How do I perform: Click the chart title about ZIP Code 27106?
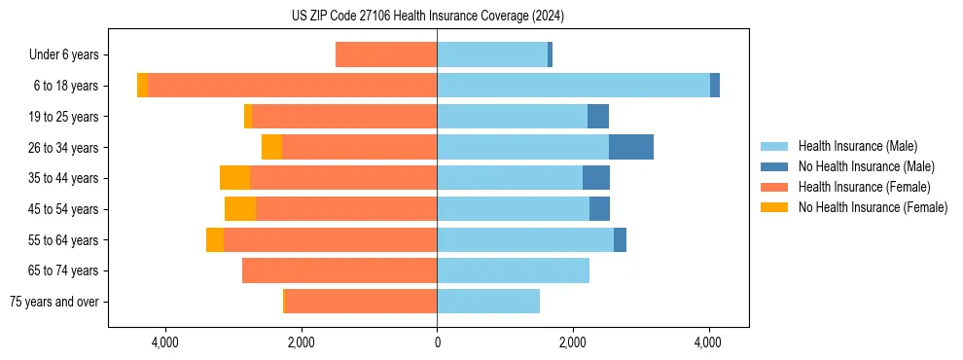click(427, 17)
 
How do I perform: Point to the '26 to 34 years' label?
click(63, 148)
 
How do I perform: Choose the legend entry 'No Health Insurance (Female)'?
click(873, 207)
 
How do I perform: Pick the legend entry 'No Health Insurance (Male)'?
click(866, 166)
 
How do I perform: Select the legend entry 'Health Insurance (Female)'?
click(864, 187)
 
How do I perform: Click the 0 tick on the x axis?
click(437, 342)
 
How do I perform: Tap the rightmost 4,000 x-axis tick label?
click(708, 342)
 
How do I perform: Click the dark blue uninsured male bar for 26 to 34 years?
click(631, 147)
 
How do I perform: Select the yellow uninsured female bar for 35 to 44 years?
click(234, 178)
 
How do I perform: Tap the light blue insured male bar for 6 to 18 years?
click(573, 86)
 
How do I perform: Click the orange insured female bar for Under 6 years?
click(386, 54)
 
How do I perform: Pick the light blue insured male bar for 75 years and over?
click(488, 302)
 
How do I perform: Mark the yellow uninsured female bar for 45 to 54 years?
click(240, 209)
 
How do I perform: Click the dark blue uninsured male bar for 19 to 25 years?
click(598, 117)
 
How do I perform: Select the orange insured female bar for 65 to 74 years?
click(339, 270)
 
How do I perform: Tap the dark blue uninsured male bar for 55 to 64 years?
click(620, 240)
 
